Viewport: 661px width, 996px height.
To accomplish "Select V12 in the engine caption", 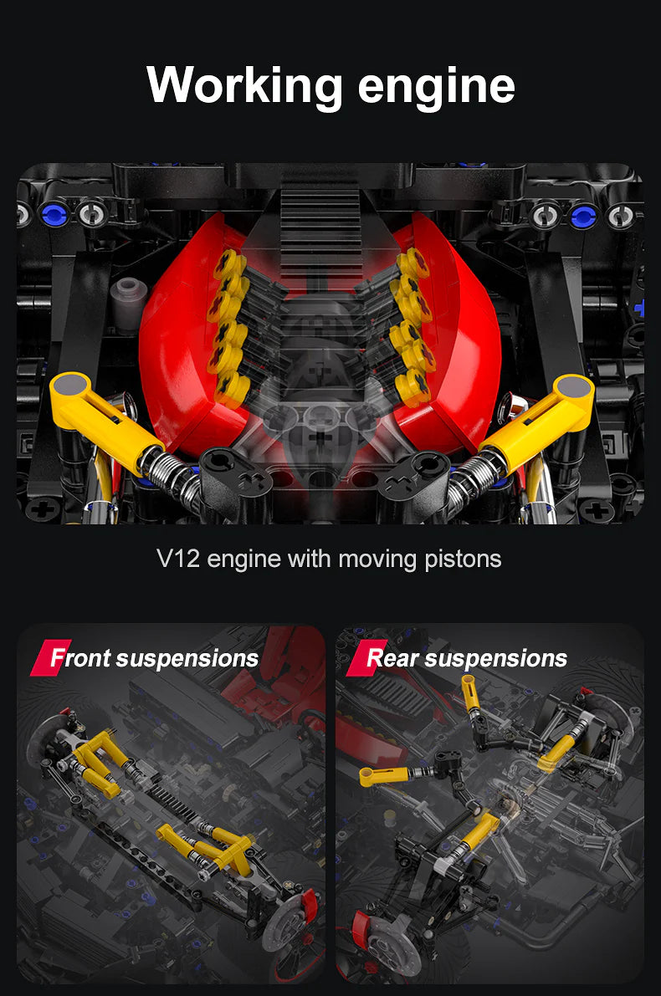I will tap(178, 559).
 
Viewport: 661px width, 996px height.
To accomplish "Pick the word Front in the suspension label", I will tap(81, 658).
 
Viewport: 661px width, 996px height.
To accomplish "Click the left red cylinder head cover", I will tap(180, 335).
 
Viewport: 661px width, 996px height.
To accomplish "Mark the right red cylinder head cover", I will tap(464, 335).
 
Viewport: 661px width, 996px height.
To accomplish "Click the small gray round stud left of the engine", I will tap(126, 294).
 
